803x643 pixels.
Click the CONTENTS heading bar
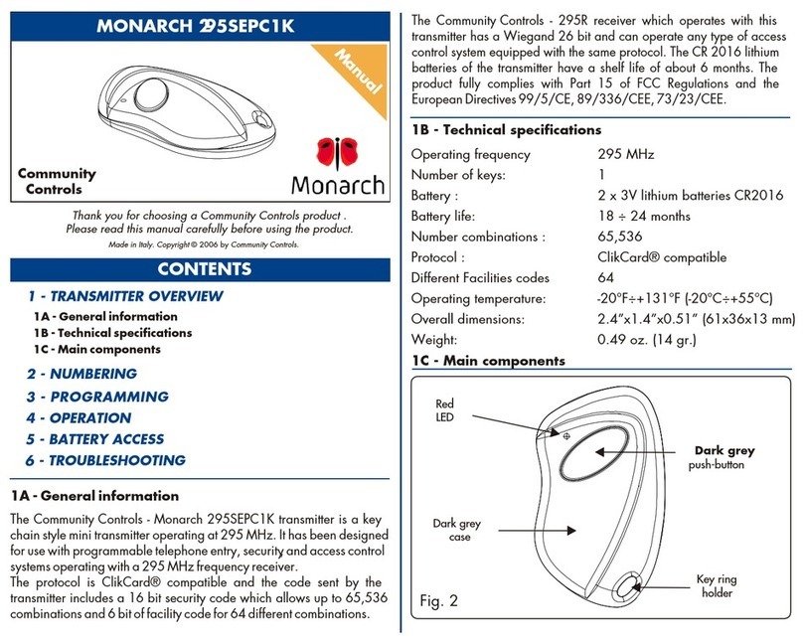[x=199, y=269]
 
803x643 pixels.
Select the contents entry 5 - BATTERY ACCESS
[x=94, y=439]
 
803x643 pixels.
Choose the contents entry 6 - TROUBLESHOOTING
[x=105, y=460]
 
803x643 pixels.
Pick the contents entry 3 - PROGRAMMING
[x=96, y=397]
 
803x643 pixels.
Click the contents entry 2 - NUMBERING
[x=81, y=374]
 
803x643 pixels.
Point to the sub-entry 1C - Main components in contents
[x=96, y=349]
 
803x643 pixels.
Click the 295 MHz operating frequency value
[x=616, y=154]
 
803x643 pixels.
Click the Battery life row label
[x=450, y=216]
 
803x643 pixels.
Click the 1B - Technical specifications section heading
[x=506, y=130]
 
